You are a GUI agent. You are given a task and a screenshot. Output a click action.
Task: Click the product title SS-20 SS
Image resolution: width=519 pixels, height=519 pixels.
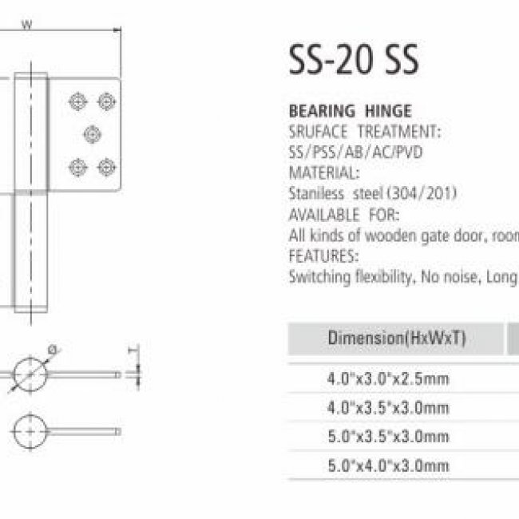click(354, 60)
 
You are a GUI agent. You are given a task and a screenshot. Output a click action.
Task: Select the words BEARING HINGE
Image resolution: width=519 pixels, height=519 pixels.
click(351, 111)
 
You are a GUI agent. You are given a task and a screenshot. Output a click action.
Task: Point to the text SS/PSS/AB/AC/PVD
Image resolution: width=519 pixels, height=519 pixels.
click(356, 153)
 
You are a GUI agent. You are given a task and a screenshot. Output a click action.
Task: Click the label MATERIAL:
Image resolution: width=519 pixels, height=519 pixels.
click(324, 172)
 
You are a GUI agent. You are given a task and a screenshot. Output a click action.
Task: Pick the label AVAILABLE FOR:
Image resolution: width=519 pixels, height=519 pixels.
click(344, 215)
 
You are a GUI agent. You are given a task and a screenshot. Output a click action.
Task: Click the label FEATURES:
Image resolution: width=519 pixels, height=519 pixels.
click(323, 256)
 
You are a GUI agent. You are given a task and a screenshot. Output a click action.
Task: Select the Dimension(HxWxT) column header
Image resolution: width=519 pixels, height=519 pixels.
click(397, 339)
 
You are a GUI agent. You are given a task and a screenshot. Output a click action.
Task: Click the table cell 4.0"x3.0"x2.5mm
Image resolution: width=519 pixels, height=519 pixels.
click(388, 378)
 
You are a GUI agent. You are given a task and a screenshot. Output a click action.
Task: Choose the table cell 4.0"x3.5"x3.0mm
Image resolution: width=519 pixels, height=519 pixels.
click(388, 407)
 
